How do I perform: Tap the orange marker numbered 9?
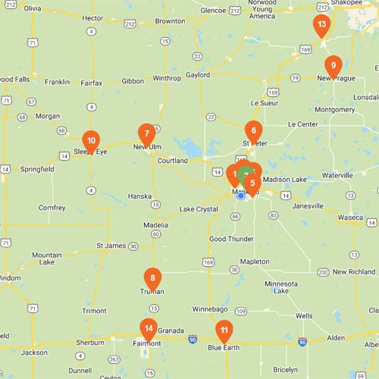pos(332,66)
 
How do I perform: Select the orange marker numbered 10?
pos(91,140)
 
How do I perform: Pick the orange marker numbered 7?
pos(146,133)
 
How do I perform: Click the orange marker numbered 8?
pos(153,279)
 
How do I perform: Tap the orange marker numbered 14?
pos(149,329)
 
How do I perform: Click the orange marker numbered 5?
pos(252,183)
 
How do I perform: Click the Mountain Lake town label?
pos(46,260)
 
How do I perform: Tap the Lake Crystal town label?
pos(199,209)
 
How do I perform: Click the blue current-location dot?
pos(241,195)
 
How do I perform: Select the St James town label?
pos(111,246)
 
